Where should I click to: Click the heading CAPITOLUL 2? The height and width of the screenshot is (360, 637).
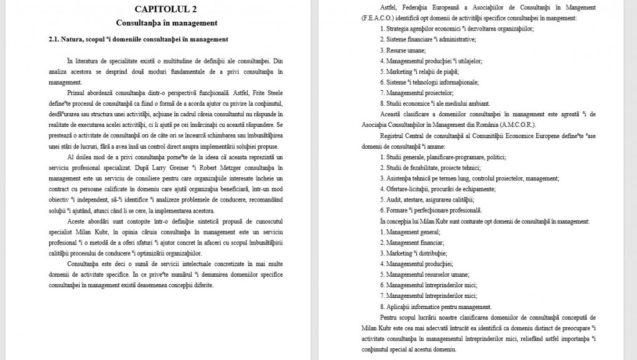pyautogui.click(x=166, y=9)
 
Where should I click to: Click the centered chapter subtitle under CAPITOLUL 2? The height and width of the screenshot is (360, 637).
pyautogui.click(x=166, y=23)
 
